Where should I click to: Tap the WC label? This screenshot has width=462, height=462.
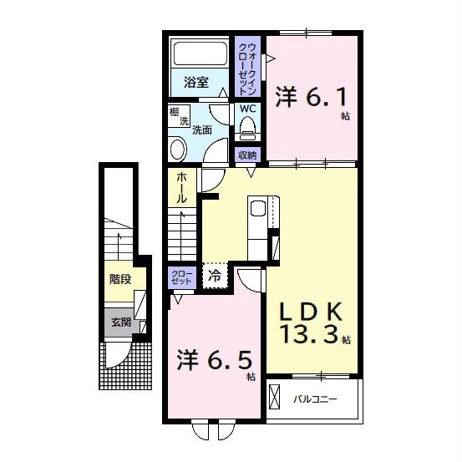[248, 109]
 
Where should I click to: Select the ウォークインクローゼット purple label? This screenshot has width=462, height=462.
[248, 65]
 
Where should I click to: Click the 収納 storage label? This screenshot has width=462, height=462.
[247, 154]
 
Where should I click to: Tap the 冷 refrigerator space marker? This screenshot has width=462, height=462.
[215, 274]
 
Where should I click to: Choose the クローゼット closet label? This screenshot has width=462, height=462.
[181, 277]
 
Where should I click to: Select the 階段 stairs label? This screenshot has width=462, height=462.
[119, 279]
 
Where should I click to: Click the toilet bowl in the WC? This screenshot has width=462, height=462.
[247, 127]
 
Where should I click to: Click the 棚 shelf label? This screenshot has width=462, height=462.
[174, 111]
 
